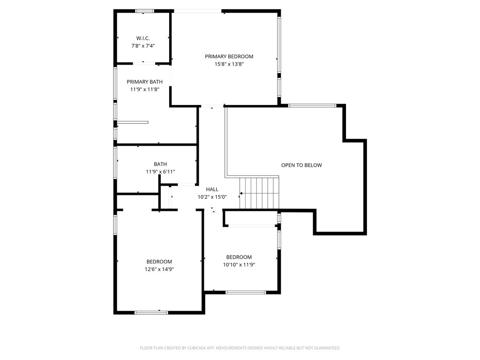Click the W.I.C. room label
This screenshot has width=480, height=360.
[x=143, y=38]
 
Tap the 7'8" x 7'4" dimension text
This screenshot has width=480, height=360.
[x=143, y=46]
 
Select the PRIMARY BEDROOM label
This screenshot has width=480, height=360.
[x=229, y=56]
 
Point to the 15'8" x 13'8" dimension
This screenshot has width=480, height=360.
[x=229, y=64]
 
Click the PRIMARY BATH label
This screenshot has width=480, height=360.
[x=144, y=82]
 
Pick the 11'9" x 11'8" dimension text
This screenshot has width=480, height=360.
[x=144, y=90]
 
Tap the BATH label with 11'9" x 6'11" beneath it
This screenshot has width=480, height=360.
[x=160, y=164]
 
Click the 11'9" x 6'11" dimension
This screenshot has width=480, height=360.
[x=160, y=172]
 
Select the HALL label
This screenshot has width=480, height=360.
[x=212, y=189]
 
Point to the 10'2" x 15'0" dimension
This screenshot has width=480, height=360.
[x=212, y=197]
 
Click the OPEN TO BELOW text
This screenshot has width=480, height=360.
[x=301, y=165]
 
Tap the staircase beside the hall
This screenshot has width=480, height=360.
[x=259, y=193]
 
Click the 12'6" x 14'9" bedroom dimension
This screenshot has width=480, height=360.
[x=159, y=270]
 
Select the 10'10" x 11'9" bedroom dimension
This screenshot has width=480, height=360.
[x=239, y=265]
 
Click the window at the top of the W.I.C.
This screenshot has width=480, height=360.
[x=145, y=11]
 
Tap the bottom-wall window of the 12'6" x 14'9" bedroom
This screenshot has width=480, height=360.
[x=151, y=313]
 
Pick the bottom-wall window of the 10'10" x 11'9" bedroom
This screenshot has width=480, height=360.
[x=246, y=292]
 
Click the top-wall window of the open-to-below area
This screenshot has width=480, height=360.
[x=312, y=105]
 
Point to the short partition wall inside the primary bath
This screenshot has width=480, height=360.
[x=133, y=122]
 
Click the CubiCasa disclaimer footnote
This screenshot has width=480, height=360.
[x=240, y=348]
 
